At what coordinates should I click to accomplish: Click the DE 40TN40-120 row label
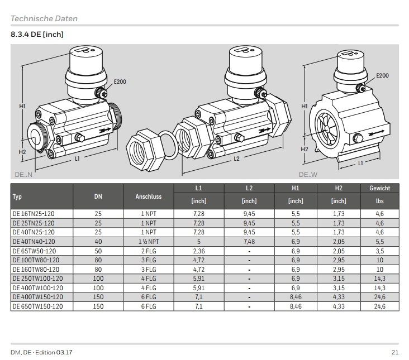(x=34, y=242)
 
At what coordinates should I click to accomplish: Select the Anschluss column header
(x=149, y=196)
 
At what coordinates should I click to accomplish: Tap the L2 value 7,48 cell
(x=249, y=242)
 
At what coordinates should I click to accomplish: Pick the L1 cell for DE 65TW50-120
(x=199, y=251)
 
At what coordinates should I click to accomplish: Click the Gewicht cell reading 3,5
(x=379, y=251)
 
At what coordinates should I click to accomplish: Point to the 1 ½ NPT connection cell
(x=149, y=242)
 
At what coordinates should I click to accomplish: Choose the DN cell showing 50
(x=98, y=251)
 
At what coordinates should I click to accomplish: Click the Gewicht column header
(x=379, y=188)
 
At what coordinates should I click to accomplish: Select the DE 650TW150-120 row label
(x=38, y=306)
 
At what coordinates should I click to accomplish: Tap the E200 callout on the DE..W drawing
(x=382, y=75)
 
